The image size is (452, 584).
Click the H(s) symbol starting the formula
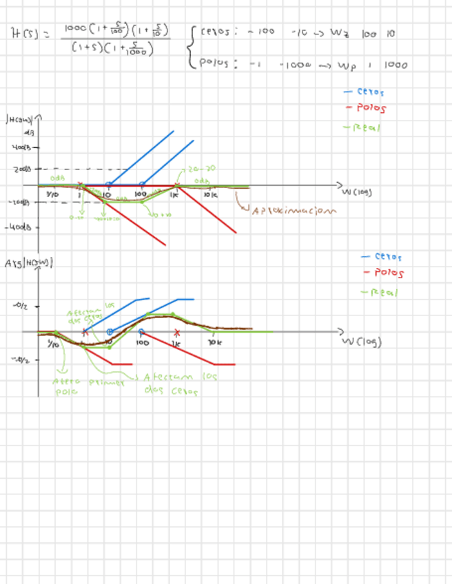(26, 32)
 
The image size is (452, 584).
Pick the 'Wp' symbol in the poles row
(347, 65)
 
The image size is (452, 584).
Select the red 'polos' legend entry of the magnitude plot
(370, 108)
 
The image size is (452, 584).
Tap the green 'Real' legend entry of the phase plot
(374, 292)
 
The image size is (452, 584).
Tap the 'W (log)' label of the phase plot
(361, 341)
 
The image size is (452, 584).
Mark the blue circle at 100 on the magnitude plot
(142, 185)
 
